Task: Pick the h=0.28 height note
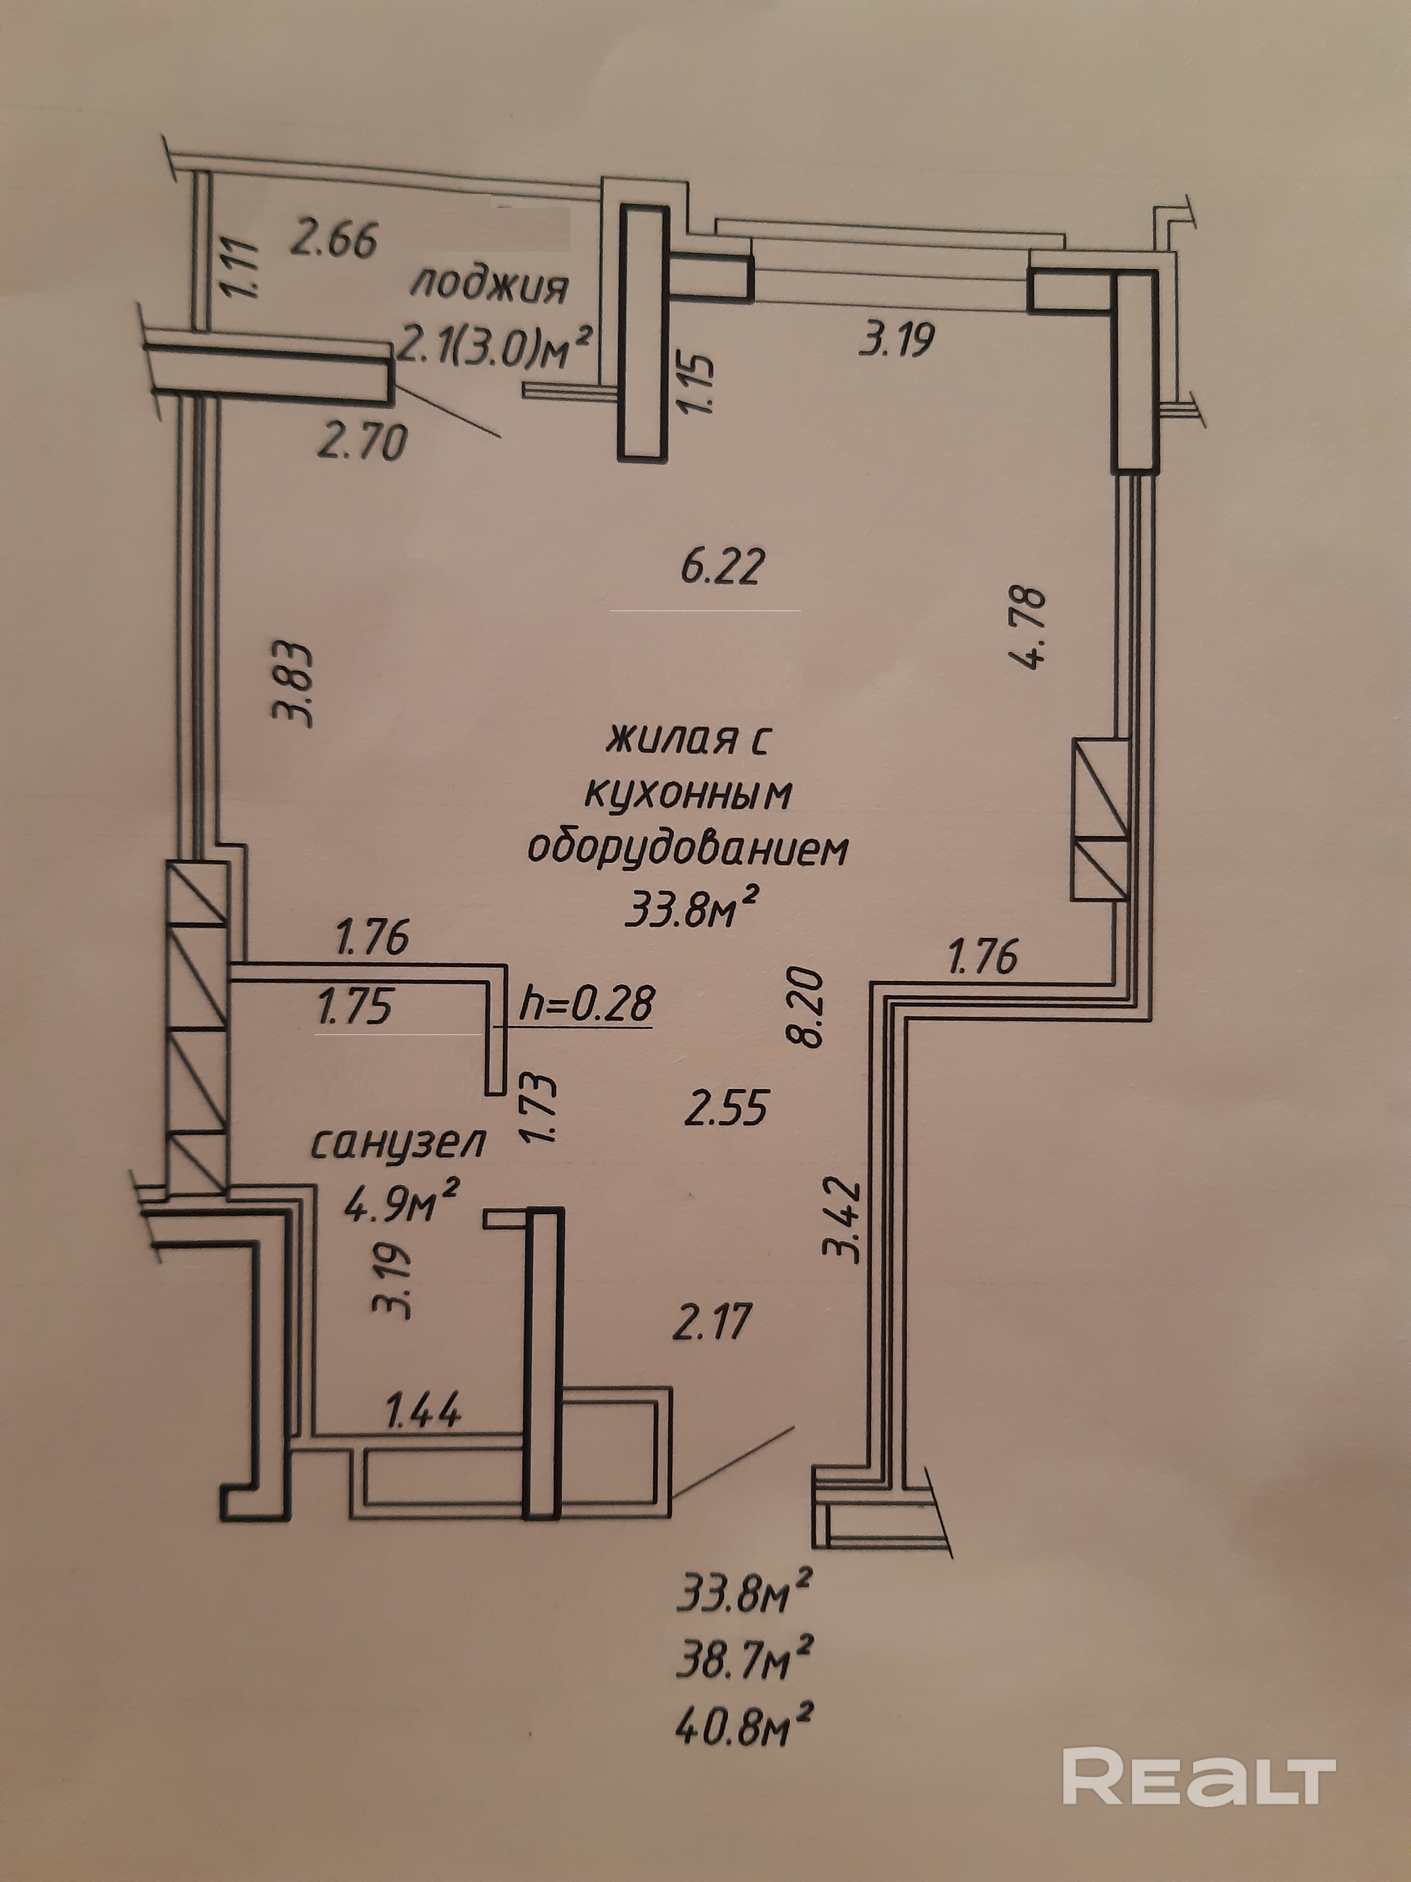(x=587, y=1006)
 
